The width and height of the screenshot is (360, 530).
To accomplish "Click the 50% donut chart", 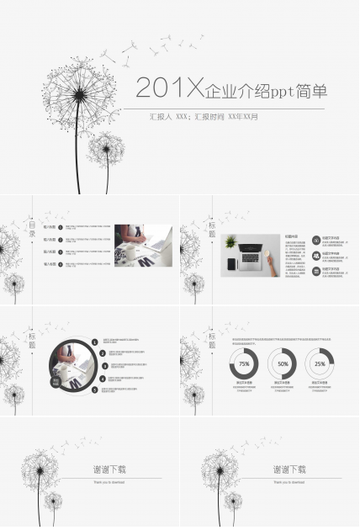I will coord(283,363).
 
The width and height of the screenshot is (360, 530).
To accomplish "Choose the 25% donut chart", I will coord(320,363).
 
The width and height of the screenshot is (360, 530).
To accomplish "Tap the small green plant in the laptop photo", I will coord(231,242).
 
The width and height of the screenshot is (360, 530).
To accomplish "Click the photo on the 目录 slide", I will coord(143,245).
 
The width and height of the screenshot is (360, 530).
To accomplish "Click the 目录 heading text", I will coord(33,227).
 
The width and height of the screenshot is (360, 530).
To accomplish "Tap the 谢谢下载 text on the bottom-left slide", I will coord(111,469).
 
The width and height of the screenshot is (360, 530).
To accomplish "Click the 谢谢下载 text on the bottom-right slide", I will coord(289,469).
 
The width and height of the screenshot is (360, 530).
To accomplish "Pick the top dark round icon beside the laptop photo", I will coord(315,240).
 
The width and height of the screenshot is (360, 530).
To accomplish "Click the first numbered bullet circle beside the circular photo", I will coord(103,342).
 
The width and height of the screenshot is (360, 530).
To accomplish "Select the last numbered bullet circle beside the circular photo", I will coord(103,391).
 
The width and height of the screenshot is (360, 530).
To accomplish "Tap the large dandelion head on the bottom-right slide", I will coord(216,468).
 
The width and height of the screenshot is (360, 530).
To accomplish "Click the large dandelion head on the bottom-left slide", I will coord(38,468).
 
